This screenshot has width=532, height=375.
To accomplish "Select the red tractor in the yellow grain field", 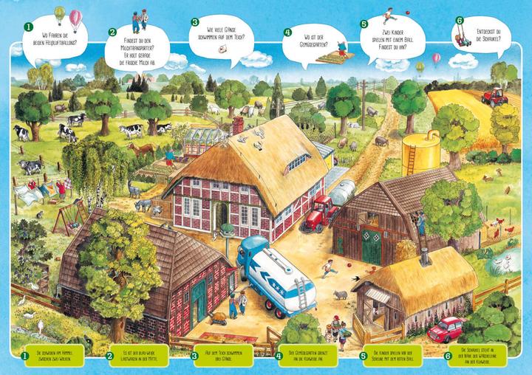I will point(494,96).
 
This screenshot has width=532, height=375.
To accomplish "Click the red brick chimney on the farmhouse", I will point(238,125).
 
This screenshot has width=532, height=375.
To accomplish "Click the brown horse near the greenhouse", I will point(142,148).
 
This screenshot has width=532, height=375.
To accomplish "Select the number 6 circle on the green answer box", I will point(448,356).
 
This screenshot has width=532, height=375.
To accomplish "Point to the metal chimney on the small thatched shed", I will point(426,256).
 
